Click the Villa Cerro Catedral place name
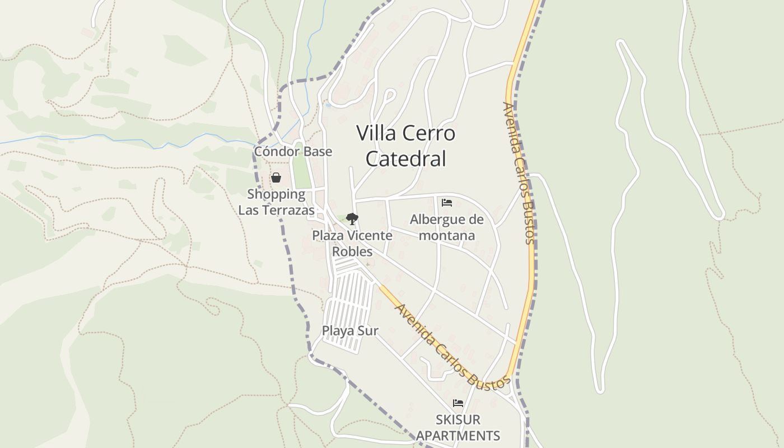click(406, 146)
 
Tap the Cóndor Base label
click(293, 152)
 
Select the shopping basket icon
click(276, 178)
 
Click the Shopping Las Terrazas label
click(276, 202)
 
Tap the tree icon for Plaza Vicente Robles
click(352, 219)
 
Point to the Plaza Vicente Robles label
click(352, 243)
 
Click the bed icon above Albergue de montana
click(447, 202)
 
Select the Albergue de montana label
click(447, 227)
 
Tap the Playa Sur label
click(350, 331)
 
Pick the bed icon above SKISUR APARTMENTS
click(458, 403)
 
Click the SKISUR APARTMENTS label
click(458, 427)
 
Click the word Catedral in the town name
click(406, 159)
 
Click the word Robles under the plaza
click(352, 251)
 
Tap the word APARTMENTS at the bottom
click(458, 436)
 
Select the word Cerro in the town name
click(429, 133)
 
